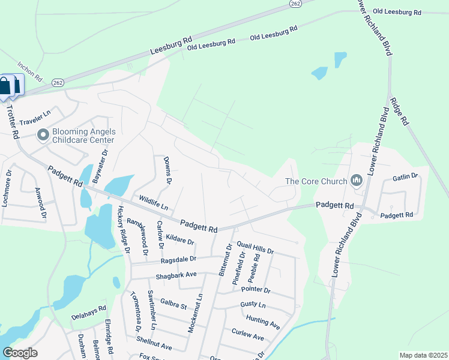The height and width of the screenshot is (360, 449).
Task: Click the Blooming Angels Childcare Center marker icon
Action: coord(43,135)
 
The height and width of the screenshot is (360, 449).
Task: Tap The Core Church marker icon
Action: coord(357,180)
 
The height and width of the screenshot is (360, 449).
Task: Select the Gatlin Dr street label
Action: coord(405,176)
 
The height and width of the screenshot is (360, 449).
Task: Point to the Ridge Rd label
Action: coord(399,111)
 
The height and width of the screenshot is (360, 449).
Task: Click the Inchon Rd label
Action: coord(29,71)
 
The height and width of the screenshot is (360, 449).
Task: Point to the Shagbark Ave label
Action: coord(177,274)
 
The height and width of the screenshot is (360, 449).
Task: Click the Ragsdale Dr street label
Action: coord(178,260)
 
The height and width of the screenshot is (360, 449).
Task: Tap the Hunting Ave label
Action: coord(263,322)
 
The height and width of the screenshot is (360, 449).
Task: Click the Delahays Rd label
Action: coord(88,312)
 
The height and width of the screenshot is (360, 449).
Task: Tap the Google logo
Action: coord(20,353)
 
